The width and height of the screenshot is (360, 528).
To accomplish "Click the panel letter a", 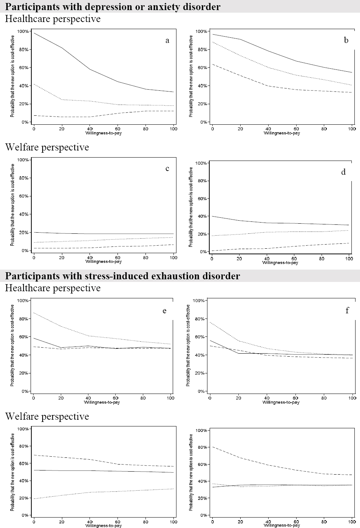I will point(168,41).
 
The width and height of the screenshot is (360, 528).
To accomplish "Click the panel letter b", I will point(346,40).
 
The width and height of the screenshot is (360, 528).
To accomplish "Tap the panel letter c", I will point(168,169).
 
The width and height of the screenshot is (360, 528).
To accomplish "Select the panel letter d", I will point(344,172).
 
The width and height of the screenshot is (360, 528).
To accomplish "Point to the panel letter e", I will point(165,311).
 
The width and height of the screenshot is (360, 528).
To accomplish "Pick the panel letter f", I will point(347,311).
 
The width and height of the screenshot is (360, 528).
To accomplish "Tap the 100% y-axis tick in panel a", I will point(23,31).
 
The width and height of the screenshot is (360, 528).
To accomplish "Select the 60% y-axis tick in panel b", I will point(202,68).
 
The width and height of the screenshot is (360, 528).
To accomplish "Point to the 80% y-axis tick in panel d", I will point(202,181).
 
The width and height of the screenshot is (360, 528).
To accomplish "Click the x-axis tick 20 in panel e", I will point(61,398).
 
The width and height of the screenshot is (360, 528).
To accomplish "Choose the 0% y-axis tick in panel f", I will point(201,391).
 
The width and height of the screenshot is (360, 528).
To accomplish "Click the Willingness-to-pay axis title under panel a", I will point(103,133).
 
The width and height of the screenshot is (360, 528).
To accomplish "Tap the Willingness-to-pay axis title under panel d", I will point(280,263).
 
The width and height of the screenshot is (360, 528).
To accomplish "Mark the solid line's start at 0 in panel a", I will point(34,33).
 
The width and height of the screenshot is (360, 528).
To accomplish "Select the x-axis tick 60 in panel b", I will point(296,129).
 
